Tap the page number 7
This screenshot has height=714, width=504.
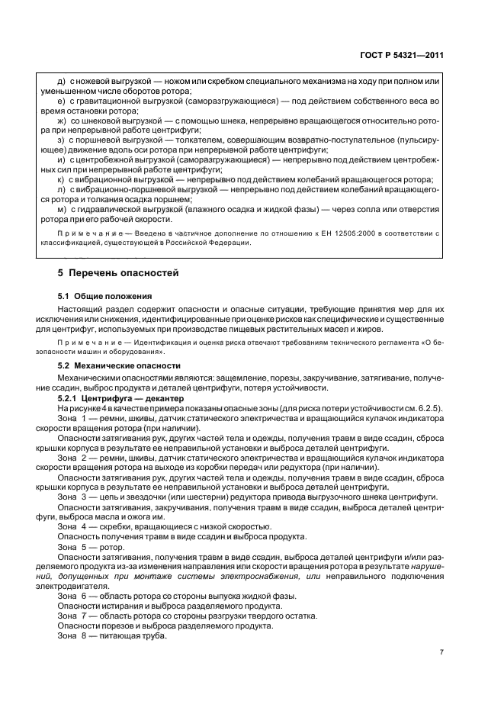coord(441,652)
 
